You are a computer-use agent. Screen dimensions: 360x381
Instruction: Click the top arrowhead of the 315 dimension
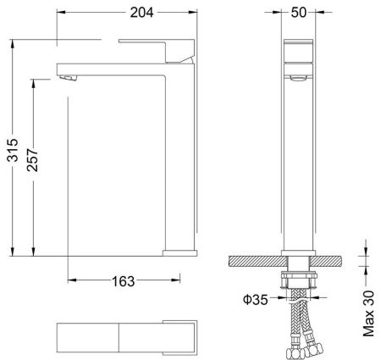click(14, 41)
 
